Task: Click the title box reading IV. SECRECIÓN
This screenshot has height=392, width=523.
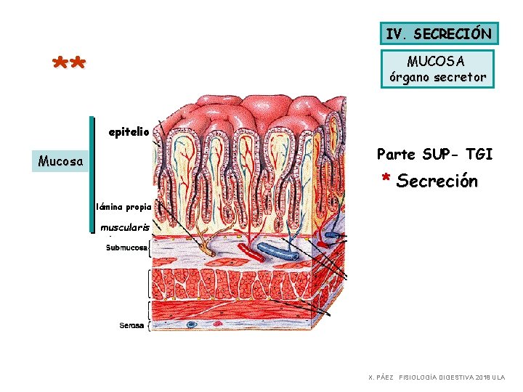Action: click(x=439, y=33)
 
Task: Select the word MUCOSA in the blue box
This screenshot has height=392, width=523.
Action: click(x=437, y=60)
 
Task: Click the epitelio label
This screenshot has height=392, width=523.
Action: click(x=129, y=132)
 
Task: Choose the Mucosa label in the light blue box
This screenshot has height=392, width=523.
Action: click(x=60, y=160)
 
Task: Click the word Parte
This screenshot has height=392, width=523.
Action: click(x=396, y=154)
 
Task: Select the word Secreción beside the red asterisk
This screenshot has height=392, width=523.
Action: click(x=437, y=181)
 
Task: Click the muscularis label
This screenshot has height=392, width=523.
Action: click(x=125, y=227)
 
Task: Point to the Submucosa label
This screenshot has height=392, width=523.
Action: click(x=127, y=248)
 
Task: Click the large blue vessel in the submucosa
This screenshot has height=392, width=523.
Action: click(x=279, y=252)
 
